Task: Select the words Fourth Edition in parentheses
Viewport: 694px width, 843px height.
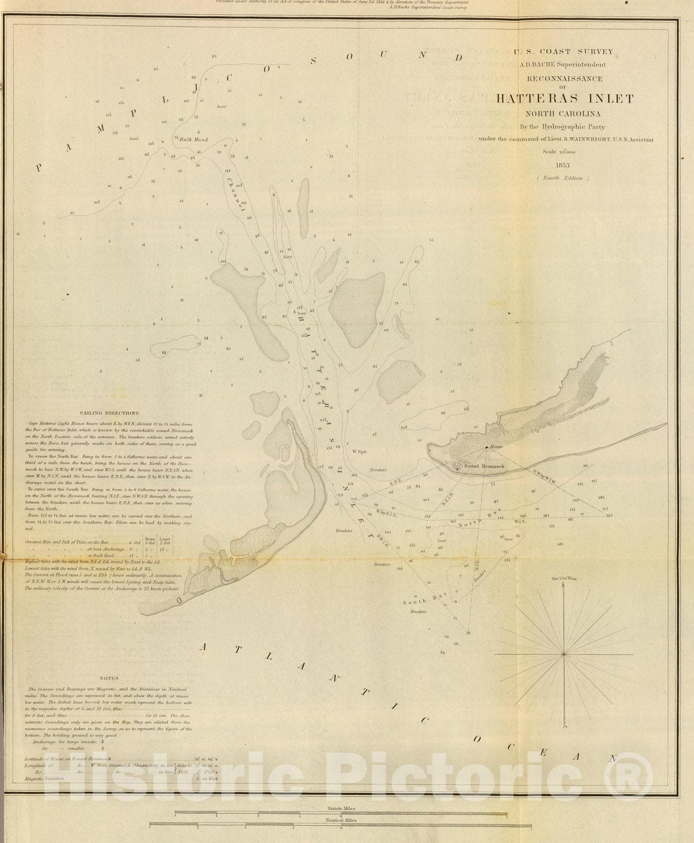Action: click(563, 178)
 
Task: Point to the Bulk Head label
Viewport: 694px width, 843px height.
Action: click(193, 140)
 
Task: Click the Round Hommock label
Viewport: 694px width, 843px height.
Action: click(484, 467)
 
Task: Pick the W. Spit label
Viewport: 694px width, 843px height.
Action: click(359, 451)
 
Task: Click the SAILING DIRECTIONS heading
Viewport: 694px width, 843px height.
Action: click(110, 413)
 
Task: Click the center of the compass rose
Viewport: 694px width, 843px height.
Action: click(564, 654)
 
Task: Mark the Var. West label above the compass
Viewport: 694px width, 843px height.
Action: click(564, 579)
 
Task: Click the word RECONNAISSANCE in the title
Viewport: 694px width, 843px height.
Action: click(564, 79)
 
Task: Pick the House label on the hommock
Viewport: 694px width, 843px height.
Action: click(496, 446)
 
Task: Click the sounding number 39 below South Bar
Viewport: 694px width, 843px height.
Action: click(443, 652)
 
